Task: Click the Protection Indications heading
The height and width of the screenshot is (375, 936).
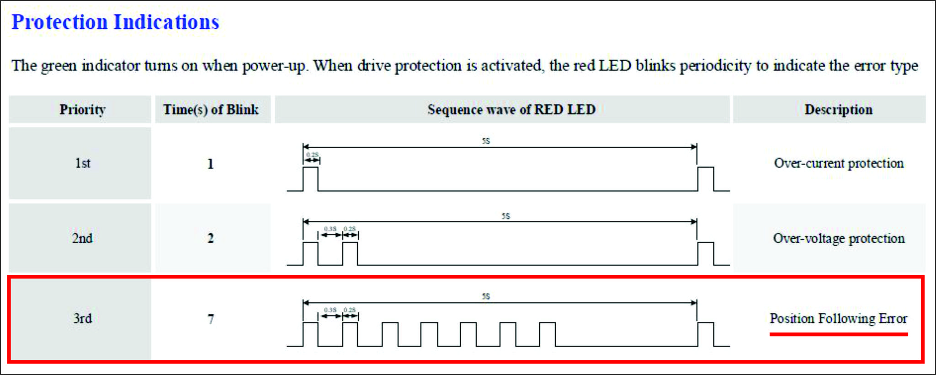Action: (x=115, y=22)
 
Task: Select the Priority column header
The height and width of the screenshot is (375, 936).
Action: (x=82, y=110)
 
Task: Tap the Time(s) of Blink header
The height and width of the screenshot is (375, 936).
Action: (x=211, y=110)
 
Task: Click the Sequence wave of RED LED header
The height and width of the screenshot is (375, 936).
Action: (x=511, y=110)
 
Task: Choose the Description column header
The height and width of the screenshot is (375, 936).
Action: (x=838, y=110)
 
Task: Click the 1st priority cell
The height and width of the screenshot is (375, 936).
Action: (x=82, y=163)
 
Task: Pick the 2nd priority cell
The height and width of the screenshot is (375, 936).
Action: (x=82, y=238)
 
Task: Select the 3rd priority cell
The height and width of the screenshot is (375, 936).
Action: (x=82, y=318)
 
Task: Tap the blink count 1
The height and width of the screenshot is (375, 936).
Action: (x=210, y=164)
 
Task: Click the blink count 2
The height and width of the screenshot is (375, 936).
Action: (x=210, y=238)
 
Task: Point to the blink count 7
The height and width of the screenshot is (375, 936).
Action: (x=210, y=319)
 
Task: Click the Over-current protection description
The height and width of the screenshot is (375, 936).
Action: (x=839, y=163)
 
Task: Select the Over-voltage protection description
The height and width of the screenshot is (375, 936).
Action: (x=839, y=238)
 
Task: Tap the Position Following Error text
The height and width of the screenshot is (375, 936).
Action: (x=838, y=318)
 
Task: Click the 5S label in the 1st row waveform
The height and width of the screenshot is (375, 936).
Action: (x=486, y=141)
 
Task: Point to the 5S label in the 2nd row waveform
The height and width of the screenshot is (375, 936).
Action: (x=505, y=216)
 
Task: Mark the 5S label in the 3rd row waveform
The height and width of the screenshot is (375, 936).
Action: (x=486, y=296)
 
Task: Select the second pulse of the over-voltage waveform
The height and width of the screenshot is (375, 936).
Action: (x=350, y=253)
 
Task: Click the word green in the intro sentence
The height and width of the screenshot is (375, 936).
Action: (x=58, y=66)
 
